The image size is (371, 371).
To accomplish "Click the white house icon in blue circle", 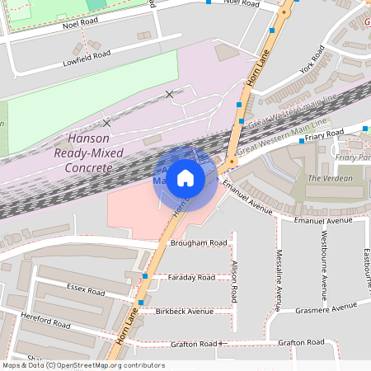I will tap(185, 177).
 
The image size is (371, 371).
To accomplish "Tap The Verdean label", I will tap(330, 178).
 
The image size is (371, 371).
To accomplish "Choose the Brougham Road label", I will tap(198, 244).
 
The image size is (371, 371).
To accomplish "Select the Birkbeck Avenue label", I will tap(185, 312).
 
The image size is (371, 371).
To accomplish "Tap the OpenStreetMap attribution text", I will tap(83, 365).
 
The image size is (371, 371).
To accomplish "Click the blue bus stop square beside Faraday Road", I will tap(145, 276).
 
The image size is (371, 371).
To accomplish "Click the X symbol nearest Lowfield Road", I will tap(170, 95).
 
